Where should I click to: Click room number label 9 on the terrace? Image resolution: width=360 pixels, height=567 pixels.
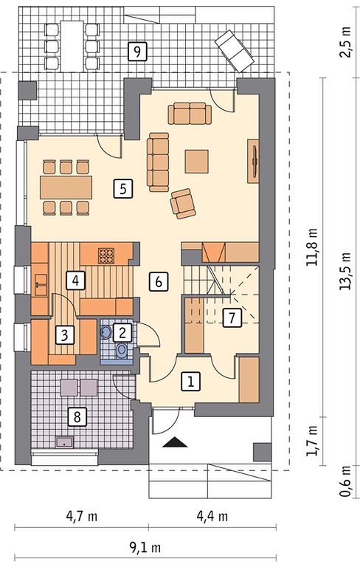click(137, 51)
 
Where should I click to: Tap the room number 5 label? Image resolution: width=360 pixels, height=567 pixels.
click(123, 189)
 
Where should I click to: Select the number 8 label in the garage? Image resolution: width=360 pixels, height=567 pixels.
click(77, 417)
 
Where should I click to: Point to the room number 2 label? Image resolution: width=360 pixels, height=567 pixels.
click(122, 333)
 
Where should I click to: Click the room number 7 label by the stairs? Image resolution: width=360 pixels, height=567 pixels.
click(232, 318)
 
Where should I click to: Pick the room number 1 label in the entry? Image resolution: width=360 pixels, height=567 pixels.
click(190, 382)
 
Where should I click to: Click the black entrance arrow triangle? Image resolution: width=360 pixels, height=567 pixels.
click(175, 442)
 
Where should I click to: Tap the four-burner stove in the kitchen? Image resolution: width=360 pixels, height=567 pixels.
click(107, 255)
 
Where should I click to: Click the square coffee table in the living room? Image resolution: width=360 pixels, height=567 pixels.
click(197, 161)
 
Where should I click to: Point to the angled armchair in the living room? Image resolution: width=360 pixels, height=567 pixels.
click(183, 204)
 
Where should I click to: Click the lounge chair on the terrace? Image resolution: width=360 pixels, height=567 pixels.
click(234, 51)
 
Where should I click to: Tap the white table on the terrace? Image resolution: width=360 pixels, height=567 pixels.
click(72, 46)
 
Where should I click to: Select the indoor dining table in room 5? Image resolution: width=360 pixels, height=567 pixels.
click(66, 188)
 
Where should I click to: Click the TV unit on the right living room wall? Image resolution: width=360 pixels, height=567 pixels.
click(253, 160)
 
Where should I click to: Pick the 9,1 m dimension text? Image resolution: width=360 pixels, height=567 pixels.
click(145, 549)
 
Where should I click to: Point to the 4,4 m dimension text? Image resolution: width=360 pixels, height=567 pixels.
click(212, 516)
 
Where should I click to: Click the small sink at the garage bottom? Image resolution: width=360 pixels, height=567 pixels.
click(65, 442)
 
